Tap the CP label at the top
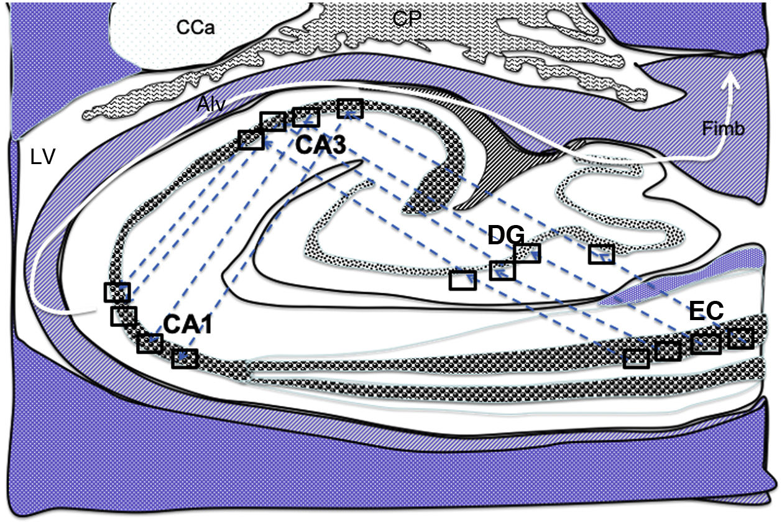click(x=407, y=19)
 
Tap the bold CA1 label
click(x=188, y=324)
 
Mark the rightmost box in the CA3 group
click(x=350, y=108)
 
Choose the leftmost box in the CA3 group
click(x=251, y=140)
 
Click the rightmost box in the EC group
click(x=740, y=338)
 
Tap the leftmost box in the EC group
click(x=636, y=358)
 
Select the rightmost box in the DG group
click(x=601, y=254)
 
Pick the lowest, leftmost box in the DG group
click(x=462, y=280)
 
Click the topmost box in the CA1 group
click(x=117, y=292)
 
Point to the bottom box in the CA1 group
click(x=185, y=358)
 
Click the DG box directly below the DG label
click(x=502, y=270)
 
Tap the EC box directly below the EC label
click(x=706, y=342)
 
